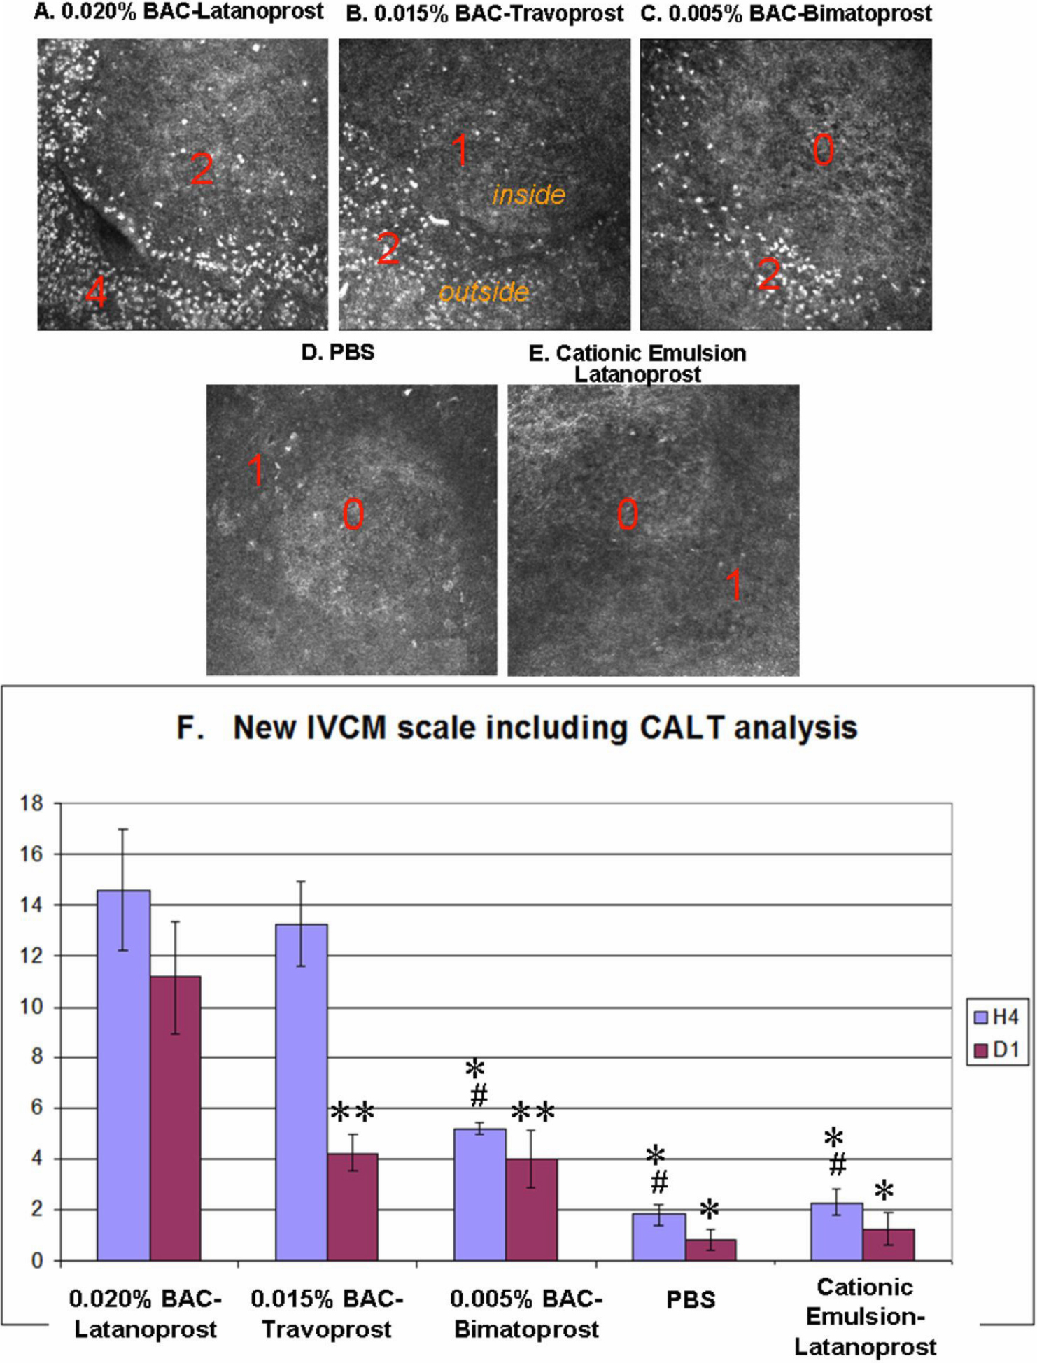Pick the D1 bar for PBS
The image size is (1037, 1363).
710,1250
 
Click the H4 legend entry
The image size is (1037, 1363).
997,1017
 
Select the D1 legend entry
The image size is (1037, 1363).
997,1050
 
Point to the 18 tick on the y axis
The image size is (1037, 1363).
31,803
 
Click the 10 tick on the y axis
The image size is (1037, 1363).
31,1007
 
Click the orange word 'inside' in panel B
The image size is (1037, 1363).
528,195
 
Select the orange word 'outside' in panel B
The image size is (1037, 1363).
484,292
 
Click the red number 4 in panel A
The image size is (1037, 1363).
97,292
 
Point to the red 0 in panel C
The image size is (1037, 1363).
824,150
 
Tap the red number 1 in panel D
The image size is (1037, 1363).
256,470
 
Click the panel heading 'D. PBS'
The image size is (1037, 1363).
337,352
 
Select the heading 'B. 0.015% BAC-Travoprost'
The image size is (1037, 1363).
484,13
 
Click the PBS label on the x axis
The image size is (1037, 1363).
690,1300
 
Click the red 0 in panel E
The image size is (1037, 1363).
627,515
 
